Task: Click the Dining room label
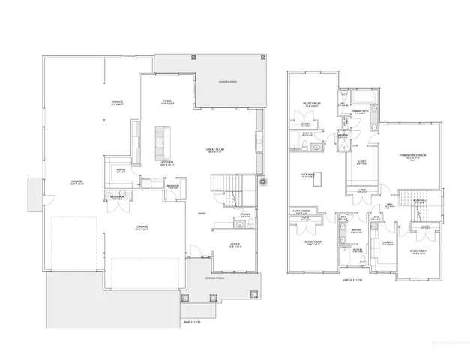[x=168, y=101]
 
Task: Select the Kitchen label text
[x=168, y=162]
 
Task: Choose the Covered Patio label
[x=229, y=82]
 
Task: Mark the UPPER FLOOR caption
[x=353, y=280]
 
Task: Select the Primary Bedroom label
[x=412, y=155]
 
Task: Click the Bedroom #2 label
[x=312, y=103]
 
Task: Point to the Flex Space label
[x=307, y=175]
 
